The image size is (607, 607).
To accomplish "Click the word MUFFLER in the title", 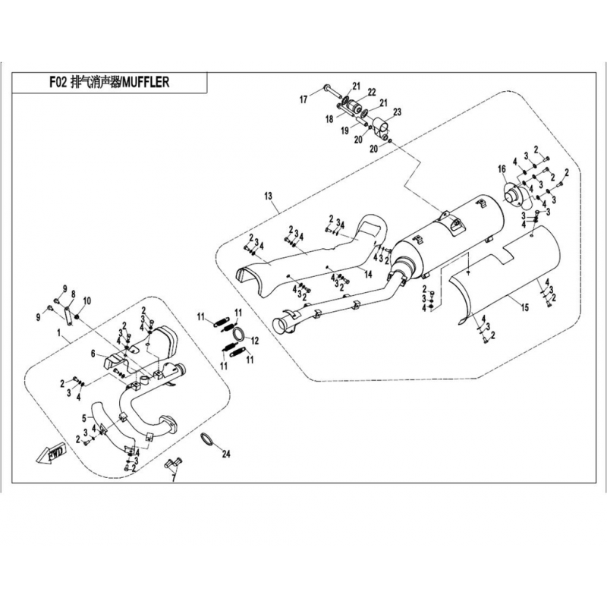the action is pyautogui.click(x=146, y=82).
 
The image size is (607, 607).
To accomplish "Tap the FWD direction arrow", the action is pyautogui.click(x=52, y=454).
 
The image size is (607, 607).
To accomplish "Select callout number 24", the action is pyautogui.click(x=226, y=453).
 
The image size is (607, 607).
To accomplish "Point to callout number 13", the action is pyautogui.click(x=269, y=197).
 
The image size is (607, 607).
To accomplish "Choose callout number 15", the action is pyautogui.click(x=525, y=308).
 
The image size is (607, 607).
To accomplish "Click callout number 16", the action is pyautogui.click(x=502, y=169).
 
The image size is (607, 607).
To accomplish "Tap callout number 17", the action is pyautogui.click(x=303, y=100).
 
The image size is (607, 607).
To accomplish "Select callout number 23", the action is pyautogui.click(x=397, y=112).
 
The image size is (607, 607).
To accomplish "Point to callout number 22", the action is pyautogui.click(x=372, y=92).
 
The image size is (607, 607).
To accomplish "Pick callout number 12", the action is pyautogui.click(x=254, y=341).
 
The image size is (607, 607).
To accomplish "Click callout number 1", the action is pyautogui.click(x=59, y=332).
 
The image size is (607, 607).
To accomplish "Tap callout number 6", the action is pyautogui.click(x=93, y=354).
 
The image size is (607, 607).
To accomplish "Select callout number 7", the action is pyautogui.click(x=174, y=479).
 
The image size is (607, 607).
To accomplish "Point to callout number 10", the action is pyautogui.click(x=87, y=300).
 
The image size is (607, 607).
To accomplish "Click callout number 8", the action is pyautogui.click(x=73, y=294).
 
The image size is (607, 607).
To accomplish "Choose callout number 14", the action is pyautogui.click(x=368, y=274).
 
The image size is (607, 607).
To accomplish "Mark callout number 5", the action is pyautogui.click(x=84, y=418).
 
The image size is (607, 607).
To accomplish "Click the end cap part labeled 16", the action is pyautogui.click(x=517, y=195).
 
